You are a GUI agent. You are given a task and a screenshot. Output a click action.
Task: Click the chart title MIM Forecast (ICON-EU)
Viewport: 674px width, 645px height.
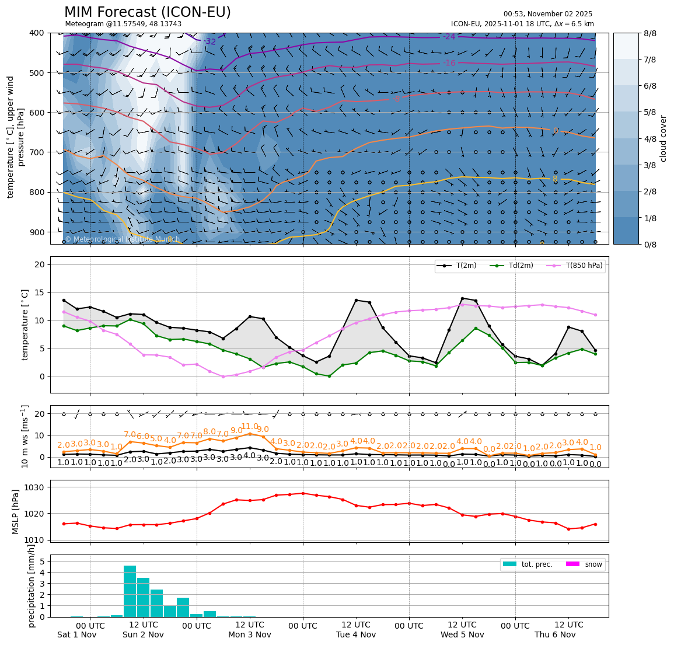[147, 12]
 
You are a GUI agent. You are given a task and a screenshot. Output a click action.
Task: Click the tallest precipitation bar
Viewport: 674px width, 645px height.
[130, 591]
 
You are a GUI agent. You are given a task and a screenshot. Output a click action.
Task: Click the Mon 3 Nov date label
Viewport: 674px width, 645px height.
[250, 634]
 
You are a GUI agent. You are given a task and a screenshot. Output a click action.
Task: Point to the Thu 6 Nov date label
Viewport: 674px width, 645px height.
[555, 634]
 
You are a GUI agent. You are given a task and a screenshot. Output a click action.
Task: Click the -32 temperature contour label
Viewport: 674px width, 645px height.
[210, 41]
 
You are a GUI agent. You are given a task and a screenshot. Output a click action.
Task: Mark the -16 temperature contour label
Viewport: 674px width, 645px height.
[449, 63]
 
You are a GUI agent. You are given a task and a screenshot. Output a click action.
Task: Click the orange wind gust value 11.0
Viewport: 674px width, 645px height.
[250, 427]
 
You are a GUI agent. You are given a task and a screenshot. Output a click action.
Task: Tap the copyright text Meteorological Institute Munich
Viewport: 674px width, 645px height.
[122, 239]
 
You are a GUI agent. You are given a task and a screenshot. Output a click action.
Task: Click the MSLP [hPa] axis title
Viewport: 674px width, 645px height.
[16, 512]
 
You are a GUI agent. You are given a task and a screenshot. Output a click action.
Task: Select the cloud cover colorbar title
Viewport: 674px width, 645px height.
[663, 138]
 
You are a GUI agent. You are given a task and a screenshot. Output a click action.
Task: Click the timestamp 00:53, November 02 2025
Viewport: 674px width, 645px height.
[547, 14]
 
